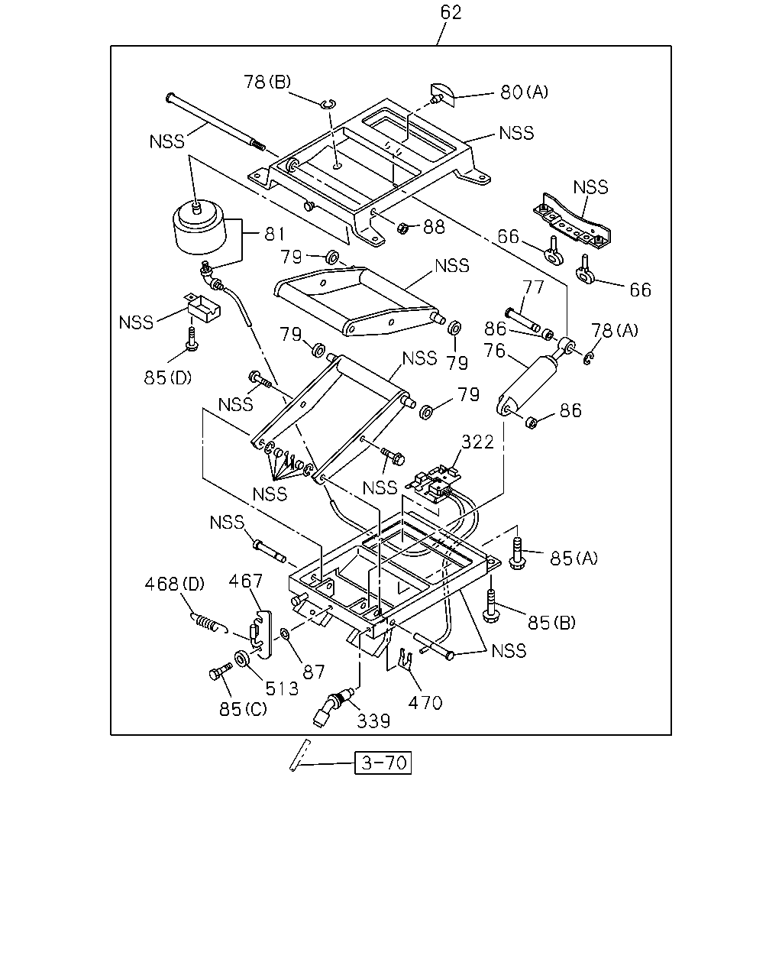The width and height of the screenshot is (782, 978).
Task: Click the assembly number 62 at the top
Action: (x=451, y=12)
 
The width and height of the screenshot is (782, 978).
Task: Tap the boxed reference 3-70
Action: (x=383, y=763)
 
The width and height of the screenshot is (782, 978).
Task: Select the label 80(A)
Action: (x=524, y=92)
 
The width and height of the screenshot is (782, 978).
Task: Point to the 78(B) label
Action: (x=267, y=82)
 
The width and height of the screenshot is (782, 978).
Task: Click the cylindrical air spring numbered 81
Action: (x=199, y=228)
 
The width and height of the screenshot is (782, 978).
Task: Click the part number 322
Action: (x=477, y=442)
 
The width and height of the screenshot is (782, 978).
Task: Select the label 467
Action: (x=245, y=581)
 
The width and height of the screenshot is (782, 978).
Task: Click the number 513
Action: (x=282, y=689)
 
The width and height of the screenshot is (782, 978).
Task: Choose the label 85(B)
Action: (x=551, y=622)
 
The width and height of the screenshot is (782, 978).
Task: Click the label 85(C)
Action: (x=243, y=709)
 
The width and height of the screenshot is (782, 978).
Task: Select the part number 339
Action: (x=373, y=721)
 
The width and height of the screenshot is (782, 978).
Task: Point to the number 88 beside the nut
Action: (x=434, y=227)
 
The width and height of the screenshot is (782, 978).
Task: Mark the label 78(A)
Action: (x=615, y=330)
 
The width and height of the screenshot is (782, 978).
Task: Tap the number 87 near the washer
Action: (x=314, y=672)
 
